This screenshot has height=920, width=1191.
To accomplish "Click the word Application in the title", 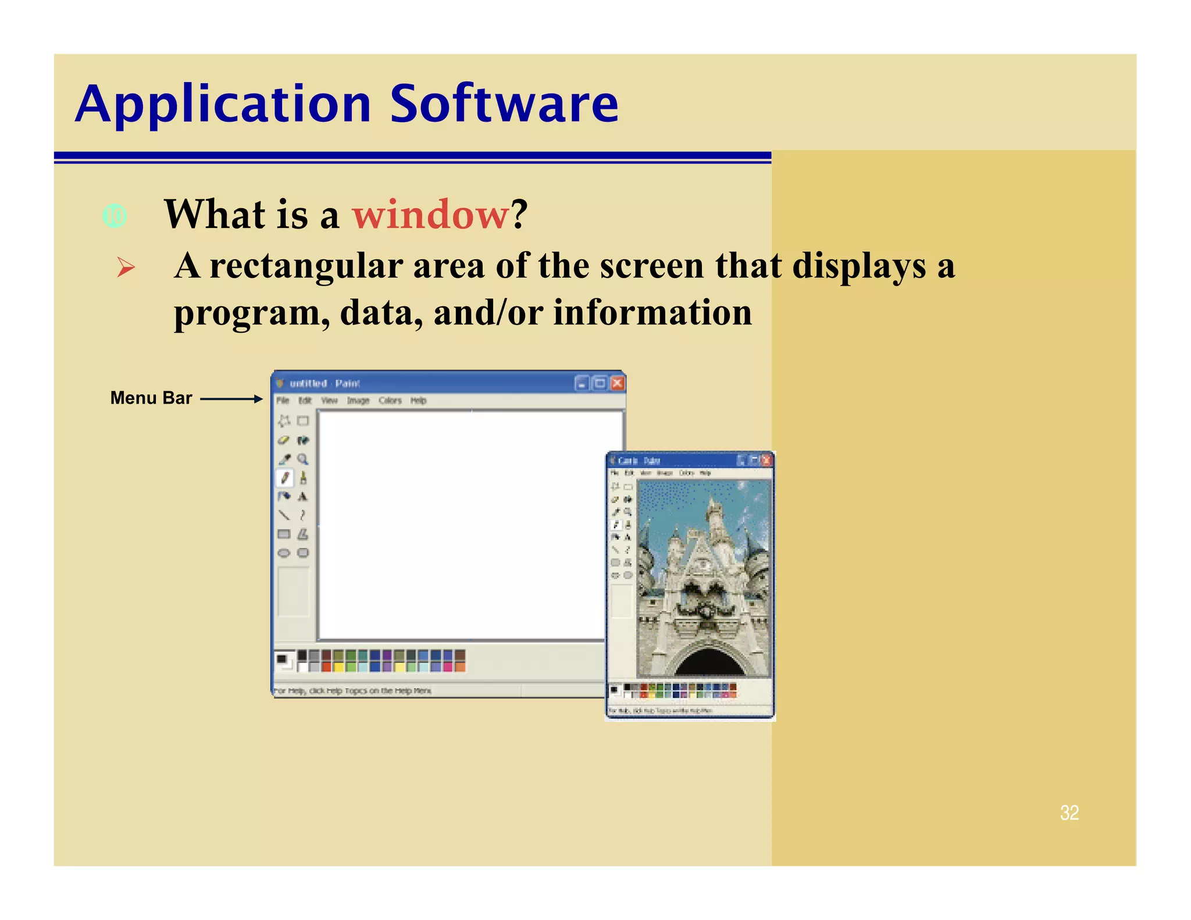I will pyautogui.click(x=223, y=105).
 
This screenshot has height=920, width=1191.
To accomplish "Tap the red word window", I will pyautogui.click(x=430, y=215).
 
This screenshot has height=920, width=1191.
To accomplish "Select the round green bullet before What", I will pyautogui.click(x=115, y=216).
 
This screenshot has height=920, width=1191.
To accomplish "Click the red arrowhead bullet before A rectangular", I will pyautogui.click(x=126, y=268).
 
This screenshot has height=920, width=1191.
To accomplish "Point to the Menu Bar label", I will pyautogui.click(x=151, y=398).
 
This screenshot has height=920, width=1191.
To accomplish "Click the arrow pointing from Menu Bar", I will pyautogui.click(x=231, y=399).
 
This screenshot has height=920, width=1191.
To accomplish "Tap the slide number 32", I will pyautogui.click(x=1069, y=813).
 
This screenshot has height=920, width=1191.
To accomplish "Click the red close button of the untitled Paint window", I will pyautogui.click(x=618, y=383).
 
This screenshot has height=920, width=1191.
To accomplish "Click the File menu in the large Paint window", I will pyautogui.click(x=283, y=401).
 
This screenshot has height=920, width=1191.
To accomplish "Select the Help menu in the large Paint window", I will pyautogui.click(x=418, y=401).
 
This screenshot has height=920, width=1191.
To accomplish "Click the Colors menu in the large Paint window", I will pyautogui.click(x=390, y=401).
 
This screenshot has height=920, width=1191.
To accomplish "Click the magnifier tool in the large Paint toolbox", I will pyautogui.click(x=303, y=459).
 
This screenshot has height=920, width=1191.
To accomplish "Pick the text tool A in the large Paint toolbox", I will pyautogui.click(x=302, y=497).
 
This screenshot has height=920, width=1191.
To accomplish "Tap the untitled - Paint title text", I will pyautogui.click(x=325, y=384).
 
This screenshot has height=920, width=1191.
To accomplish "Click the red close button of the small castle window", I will pyautogui.click(x=766, y=461).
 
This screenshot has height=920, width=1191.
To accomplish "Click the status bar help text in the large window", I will pyautogui.click(x=352, y=691).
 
